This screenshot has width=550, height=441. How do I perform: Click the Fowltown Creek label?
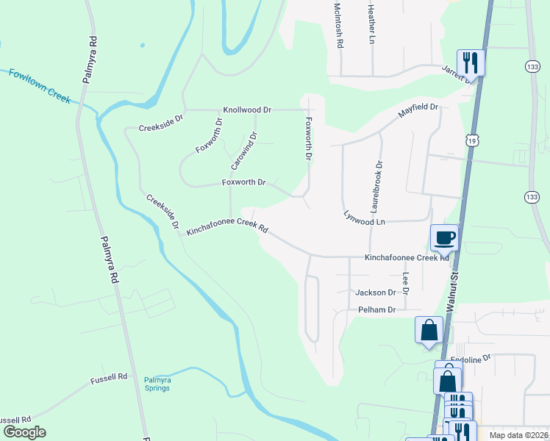tap(40, 84)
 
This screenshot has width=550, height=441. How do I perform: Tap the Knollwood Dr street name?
tap(247, 110)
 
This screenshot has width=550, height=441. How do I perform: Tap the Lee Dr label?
tap(405, 282)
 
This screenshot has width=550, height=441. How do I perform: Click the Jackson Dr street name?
tap(375, 293)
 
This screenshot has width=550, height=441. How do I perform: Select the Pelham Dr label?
tap(376, 310)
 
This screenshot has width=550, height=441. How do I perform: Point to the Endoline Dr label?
tap(470, 359)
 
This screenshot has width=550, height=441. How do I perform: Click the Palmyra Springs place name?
tap(157, 384)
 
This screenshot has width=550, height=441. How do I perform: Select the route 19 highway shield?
tap(468, 140)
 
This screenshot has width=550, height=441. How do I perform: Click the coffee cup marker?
tap(443, 237)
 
